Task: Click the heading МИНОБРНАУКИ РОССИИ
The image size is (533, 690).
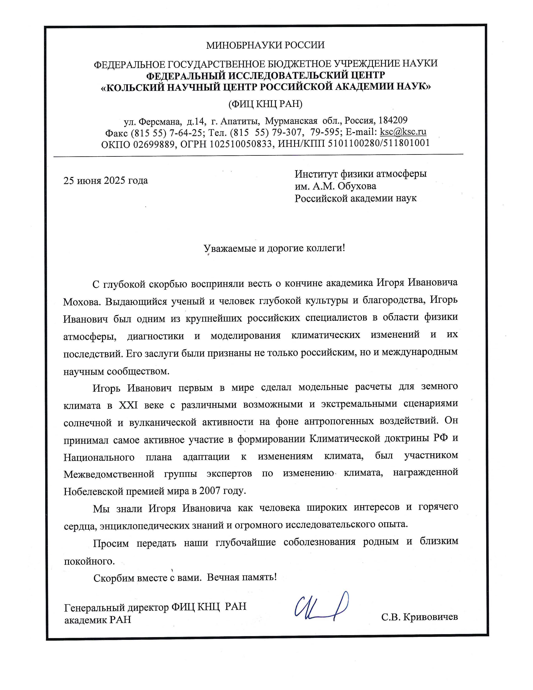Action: coord(265,45)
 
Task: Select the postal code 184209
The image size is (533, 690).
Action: coord(393,120)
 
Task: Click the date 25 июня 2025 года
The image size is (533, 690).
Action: coord(106,181)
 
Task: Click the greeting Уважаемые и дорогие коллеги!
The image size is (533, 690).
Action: coord(274,248)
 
